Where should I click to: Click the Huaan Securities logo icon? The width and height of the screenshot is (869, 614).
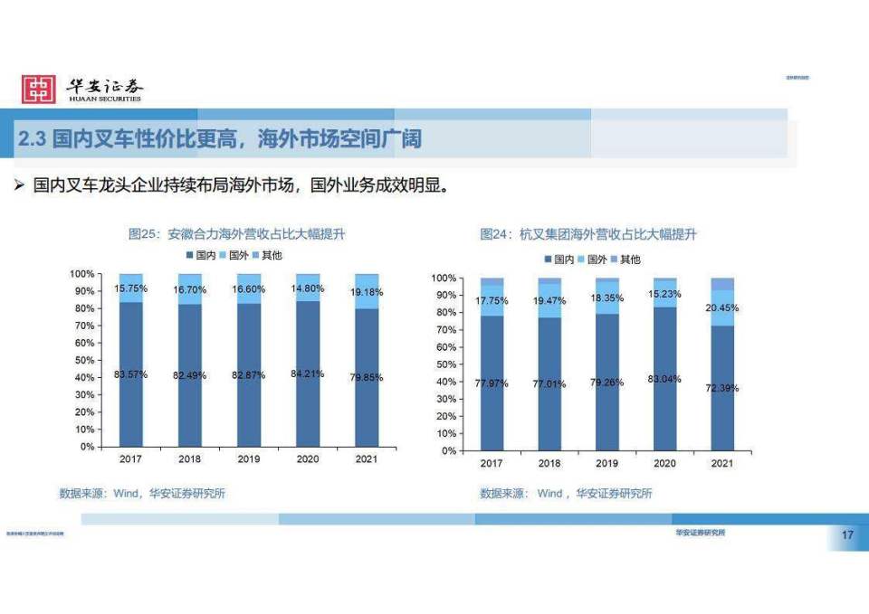[39, 88]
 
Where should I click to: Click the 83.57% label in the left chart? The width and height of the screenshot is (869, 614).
[132, 374]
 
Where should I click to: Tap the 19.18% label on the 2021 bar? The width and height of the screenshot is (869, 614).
[367, 292]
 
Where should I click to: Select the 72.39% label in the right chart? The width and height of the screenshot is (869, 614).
[721, 388]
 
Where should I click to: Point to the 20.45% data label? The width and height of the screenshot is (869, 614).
[721, 307]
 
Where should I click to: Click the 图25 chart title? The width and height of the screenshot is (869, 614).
[236, 234]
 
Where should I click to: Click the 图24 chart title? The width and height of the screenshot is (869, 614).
[588, 234]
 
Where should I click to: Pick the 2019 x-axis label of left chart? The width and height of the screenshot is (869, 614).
[249, 459]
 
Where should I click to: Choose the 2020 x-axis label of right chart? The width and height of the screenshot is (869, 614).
[664, 463]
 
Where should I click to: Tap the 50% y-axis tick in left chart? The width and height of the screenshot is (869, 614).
[83, 360]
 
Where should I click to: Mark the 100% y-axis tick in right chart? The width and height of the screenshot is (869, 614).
[442, 278]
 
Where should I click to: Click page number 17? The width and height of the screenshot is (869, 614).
[847, 536]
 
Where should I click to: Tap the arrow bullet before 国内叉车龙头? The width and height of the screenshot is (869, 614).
[18, 185]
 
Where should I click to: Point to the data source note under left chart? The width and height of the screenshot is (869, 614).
[142, 493]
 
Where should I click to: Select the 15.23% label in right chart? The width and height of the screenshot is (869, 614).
[664, 294]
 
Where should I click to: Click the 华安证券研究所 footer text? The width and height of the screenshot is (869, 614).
[700, 533]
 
